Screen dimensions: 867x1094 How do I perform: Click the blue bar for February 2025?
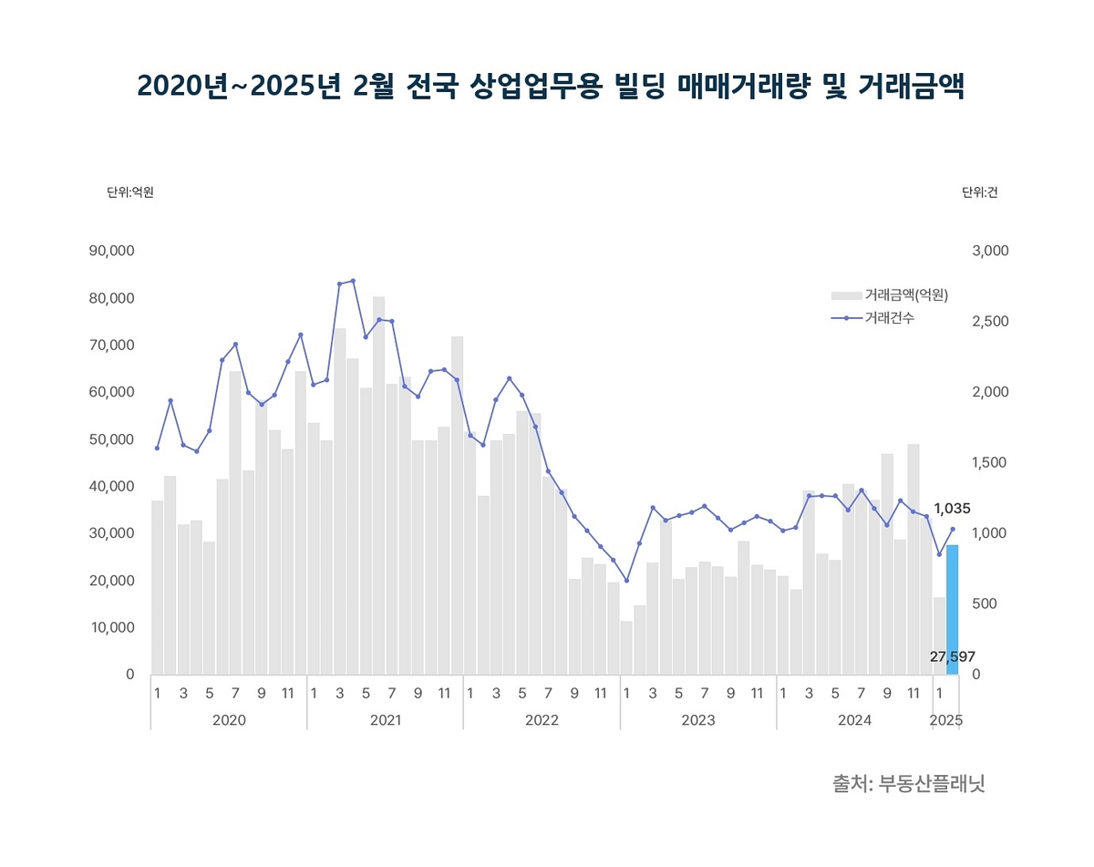tap(952, 609)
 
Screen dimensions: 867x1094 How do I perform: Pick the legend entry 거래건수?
tap(890, 317)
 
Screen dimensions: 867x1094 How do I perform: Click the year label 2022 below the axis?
tap(542, 720)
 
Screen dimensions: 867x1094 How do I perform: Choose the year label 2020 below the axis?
tap(229, 720)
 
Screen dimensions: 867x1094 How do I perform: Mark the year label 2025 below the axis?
tap(945, 720)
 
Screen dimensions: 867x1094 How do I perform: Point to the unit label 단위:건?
tap(979, 192)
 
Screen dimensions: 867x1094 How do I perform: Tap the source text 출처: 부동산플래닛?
tap(909, 783)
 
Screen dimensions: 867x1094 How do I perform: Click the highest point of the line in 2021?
tap(353, 281)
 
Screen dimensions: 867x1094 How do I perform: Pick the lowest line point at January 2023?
tap(626, 580)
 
